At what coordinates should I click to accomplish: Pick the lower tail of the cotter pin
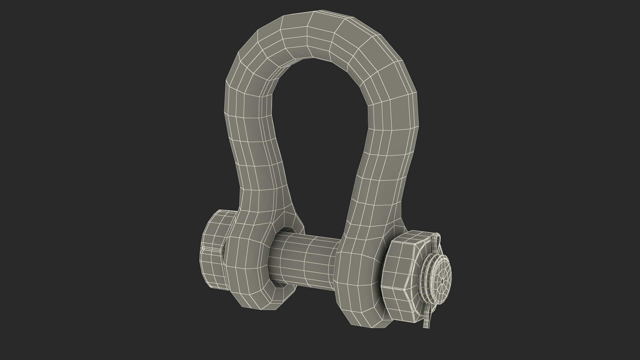[x=426, y=322]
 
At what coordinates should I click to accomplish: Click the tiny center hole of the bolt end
[x=442, y=281]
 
